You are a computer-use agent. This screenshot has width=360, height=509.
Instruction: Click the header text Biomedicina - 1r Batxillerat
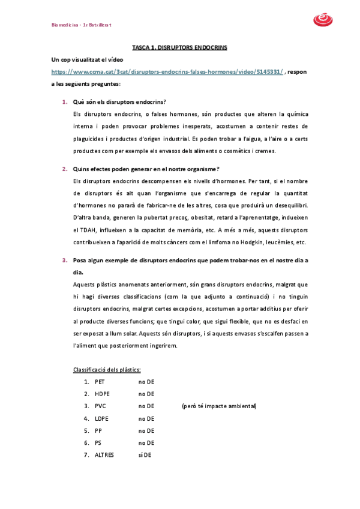82,25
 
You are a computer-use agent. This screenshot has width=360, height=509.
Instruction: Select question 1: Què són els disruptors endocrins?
119,101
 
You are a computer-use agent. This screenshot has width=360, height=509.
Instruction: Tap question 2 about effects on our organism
146,169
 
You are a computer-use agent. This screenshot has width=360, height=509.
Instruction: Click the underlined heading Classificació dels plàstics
107,369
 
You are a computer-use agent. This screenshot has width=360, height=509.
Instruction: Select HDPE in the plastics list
102,394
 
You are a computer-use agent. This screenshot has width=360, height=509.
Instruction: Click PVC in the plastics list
100,406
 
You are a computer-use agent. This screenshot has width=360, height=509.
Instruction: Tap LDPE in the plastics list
101,418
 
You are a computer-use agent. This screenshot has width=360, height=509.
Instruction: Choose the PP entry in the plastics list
98,430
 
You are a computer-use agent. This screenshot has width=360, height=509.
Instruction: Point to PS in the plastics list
98,442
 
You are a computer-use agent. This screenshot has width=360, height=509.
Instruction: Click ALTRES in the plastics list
104,455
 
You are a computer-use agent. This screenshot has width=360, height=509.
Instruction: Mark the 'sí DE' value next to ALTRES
145,455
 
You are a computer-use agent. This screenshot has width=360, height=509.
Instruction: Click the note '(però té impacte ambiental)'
219,406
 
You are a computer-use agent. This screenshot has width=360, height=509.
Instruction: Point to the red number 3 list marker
64,261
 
